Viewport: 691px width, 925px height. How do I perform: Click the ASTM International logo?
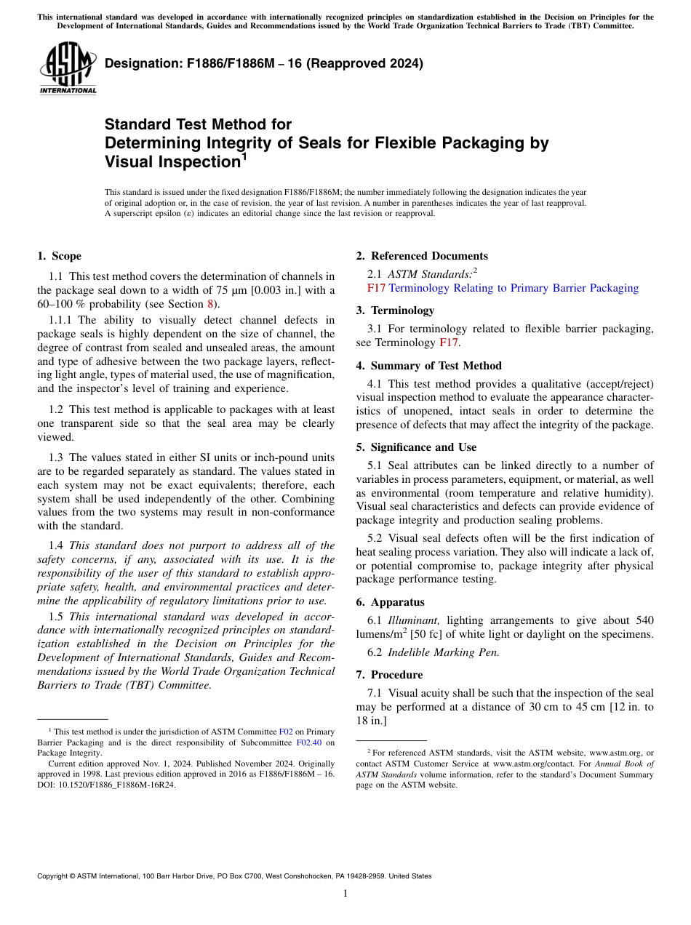tap(68, 68)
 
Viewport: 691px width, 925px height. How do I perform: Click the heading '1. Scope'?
tap(59, 256)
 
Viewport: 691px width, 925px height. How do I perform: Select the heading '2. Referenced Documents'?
tap(422, 256)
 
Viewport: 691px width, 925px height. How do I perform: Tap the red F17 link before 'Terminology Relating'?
tap(376, 288)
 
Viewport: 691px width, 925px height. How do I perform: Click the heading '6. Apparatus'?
tap(390, 602)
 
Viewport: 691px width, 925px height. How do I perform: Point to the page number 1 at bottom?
tap(345, 894)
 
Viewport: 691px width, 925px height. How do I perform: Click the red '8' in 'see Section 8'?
tap(211, 304)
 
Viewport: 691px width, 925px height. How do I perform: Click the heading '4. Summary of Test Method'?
tap(428, 366)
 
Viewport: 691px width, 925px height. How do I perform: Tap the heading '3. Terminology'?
tap(395, 311)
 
